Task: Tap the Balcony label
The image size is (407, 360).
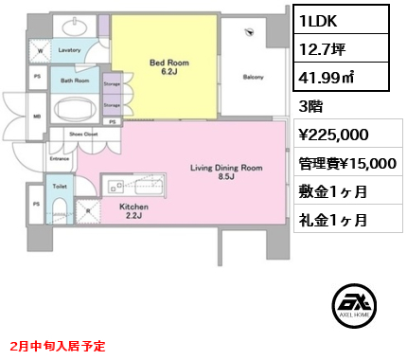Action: pyautogui.click(x=253, y=77)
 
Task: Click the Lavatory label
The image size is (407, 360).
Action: pyautogui.click(x=67, y=49)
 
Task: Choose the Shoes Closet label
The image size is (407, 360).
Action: pyautogui.click(x=83, y=134)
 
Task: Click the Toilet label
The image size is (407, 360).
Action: pyautogui.click(x=59, y=187)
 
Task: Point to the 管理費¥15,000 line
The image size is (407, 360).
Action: pyautogui.click(x=346, y=163)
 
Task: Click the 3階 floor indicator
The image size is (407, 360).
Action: pyautogui.click(x=310, y=107)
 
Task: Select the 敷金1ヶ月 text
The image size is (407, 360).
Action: pyautogui.click(x=332, y=191)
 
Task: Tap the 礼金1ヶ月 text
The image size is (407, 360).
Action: pyautogui.click(x=332, y=220)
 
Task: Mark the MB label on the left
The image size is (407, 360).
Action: pyautogui.click(x=36, y=118)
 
